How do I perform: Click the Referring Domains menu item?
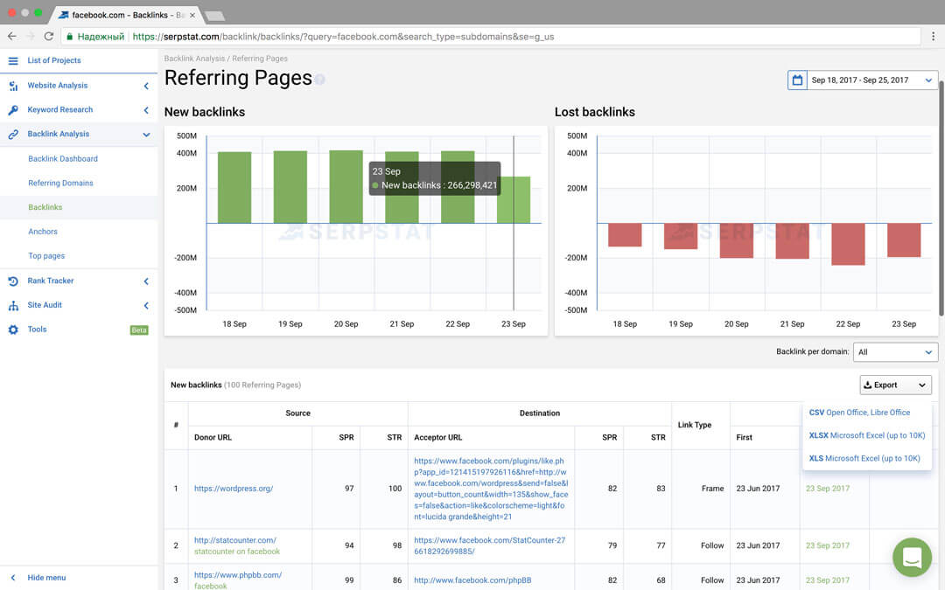click(60, 183)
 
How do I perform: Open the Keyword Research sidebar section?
click(59, 109)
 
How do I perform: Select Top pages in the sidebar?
click(46, 256)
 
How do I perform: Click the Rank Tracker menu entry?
click(51, 281)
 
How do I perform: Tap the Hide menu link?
click(46, 578)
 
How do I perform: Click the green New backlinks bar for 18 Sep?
click(234, 187)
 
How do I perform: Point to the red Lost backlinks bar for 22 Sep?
click(848, 244)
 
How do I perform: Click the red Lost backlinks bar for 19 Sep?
click(681, 236)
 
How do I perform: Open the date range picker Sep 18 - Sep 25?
click(862, 80)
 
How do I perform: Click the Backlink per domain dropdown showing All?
click(895, 352)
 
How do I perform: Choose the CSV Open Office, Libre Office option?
click(859, 413)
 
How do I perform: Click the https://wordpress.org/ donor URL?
click(234, 489)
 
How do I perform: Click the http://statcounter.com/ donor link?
click(235, 540)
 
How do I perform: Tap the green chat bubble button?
click(912, 557)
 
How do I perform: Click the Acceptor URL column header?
click(438, 437)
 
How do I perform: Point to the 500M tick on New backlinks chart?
click(185, 135)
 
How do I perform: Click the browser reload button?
click(49, 37)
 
